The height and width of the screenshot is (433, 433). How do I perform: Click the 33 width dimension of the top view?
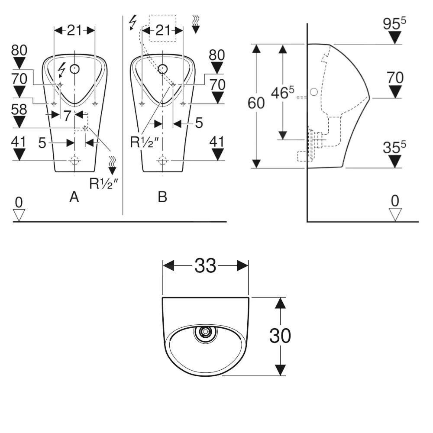click(205, 266)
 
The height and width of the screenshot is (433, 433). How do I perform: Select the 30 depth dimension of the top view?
click(280, 335)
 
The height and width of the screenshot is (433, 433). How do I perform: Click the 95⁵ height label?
click(394, 24)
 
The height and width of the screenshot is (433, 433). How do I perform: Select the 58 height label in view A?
click(19, 110)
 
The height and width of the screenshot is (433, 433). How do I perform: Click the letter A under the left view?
click(74, 197)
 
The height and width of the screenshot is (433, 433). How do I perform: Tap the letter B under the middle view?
click(162, 197)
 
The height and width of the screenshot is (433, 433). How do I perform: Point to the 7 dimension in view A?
click(67, 115)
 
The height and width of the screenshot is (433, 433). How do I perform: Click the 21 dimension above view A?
click(74, 30)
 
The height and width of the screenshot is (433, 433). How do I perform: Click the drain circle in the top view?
click(204, 333)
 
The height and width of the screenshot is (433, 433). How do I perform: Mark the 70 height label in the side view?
click(394, 78)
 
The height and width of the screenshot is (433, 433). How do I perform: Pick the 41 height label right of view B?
click(217, 142)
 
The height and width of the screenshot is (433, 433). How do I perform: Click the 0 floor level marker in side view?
click(395, 202)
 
